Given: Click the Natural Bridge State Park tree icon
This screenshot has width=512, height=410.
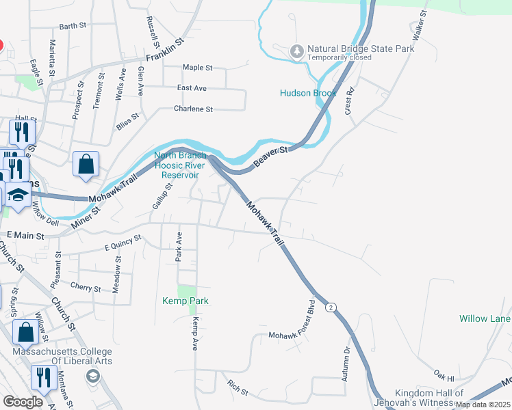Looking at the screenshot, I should (x=297, y=51).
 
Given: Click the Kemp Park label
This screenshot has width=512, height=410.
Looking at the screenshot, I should (x=185, y=301).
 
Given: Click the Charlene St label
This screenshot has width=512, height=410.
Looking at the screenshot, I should (x=194, y=109).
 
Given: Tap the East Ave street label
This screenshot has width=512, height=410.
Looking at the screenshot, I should (x=192, y=88).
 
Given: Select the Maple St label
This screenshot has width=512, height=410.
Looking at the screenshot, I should (x=198, y=68).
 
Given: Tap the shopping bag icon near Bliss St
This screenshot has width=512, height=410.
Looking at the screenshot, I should (x=86, y=165).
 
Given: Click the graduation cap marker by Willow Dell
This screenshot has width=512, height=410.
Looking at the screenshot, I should (x=18, y=196).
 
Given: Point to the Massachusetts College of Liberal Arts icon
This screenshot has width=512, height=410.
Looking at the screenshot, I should (x=92, y=376).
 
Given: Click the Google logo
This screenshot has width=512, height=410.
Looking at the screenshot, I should (x=23, y=402).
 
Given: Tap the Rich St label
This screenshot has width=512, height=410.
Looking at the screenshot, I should (x=238, y=388).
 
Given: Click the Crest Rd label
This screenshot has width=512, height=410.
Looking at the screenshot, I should (x=350, y=101).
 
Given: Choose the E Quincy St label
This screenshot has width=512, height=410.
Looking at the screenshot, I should (x=123, y=243).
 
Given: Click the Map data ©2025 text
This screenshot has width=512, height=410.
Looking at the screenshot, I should (x=483, y=405).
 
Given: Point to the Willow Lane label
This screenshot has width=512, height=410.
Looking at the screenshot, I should (x=485, y=318).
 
